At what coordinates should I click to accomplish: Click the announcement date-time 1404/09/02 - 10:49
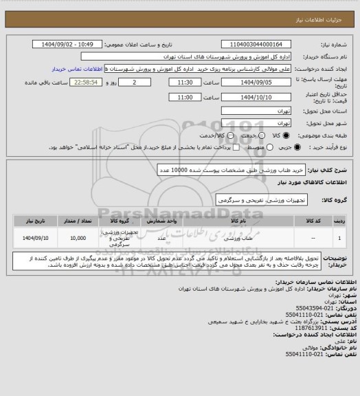pyautogui.click(x=74, y=44)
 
